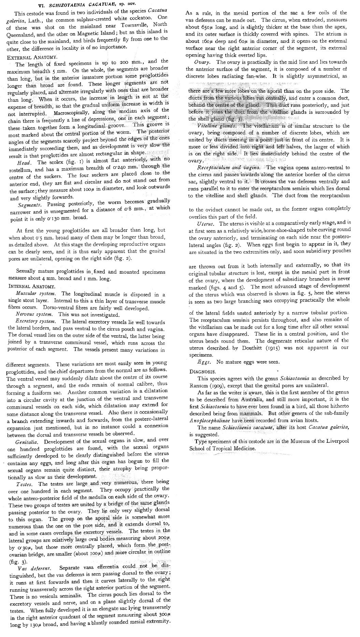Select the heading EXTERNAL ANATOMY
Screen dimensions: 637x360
(x=32, y=57)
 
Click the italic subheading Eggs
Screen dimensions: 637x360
(x=205, y=362)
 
